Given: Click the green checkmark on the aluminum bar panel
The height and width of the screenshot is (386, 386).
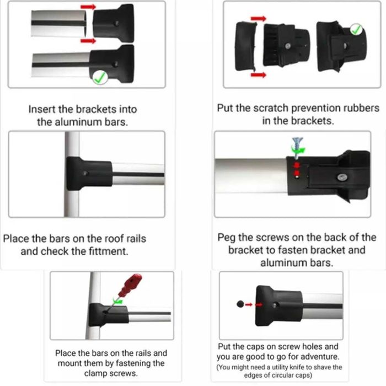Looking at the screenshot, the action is (100, 78).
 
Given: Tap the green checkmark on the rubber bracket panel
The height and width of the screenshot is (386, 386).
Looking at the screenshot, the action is (356, 30).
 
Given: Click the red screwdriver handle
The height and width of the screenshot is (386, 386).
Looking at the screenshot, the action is (130, 285).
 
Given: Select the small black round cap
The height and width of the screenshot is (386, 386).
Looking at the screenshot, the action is (240, 304).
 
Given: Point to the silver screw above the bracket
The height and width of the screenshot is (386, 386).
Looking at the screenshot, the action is (297, 147).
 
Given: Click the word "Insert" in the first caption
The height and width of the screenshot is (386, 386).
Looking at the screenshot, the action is (41, 109).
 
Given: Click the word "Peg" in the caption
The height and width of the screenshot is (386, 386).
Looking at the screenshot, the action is (226, 238).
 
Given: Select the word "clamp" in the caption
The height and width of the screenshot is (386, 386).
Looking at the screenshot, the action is (96, 373).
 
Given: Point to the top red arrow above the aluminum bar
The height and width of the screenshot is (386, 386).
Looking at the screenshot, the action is (88, 7).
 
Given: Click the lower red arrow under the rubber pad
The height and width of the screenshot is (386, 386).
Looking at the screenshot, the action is (258, 75).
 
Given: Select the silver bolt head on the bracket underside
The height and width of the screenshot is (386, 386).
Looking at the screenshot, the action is (342, 177).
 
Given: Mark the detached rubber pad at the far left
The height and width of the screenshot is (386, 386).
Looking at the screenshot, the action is (246, 46).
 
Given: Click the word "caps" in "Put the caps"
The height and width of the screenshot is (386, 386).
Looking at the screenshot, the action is (255, 347).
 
